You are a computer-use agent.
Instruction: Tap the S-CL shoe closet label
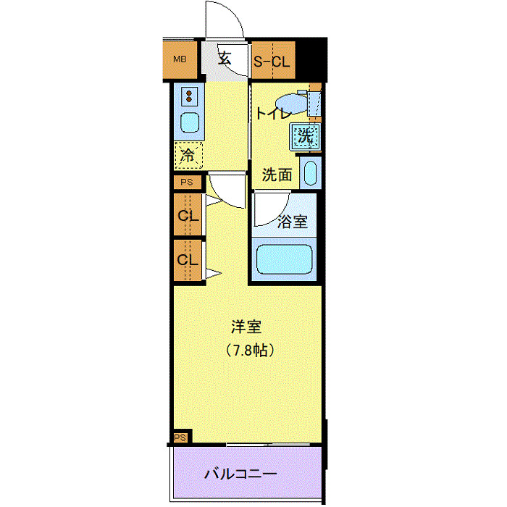(x=271, y=62)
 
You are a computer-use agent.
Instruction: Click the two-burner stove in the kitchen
(x=190, y=96)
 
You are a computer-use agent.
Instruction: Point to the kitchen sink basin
(x=190, y=122)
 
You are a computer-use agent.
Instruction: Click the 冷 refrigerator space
(x=188, y=154)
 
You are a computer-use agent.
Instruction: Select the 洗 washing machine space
(x=305, y=135)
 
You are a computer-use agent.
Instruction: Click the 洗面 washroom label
(x=277, y=175)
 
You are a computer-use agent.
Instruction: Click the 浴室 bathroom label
(x=293, y=222)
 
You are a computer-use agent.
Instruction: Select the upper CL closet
(x=188, y=216)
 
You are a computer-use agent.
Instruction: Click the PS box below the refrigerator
(x=187, y=183)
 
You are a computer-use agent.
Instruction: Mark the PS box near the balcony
(x=180, y=437)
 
